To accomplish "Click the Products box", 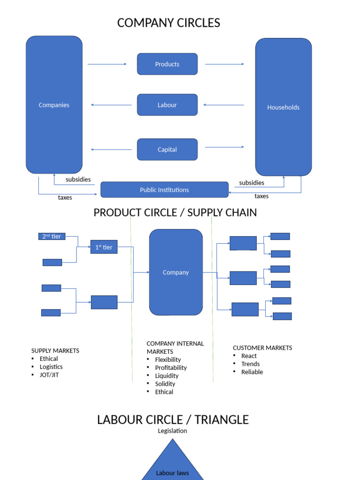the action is [167, 64].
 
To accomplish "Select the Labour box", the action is [167, 105].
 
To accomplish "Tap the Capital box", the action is [167, 150].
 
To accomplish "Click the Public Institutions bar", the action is [165, 189].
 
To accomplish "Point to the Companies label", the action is [54, 105].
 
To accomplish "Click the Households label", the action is [283, 107].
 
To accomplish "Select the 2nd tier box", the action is [52, 236].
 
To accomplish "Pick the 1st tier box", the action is [104, 247].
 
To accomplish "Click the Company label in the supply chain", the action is [176, 272].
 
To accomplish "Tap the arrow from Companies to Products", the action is [107, 64].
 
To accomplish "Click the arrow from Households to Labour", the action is [224, 105].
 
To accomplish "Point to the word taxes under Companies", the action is [65, 197].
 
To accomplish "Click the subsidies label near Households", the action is [252, 183].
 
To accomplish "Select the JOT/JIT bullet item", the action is [49, 375].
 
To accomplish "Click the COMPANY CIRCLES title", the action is [169, 22].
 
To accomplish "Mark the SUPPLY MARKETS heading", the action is [55, 351].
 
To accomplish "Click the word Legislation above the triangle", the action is [172, 431].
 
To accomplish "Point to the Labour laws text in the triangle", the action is [172, 473].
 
